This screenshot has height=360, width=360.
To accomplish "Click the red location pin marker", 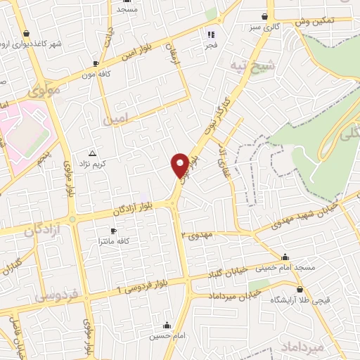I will pyautogui.click(x=180, y=165).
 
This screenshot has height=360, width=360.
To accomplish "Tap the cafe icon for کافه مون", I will pyautogui.click(x=95, y=63).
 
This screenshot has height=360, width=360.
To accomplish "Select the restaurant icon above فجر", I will pyautogui.click(x=210, y=33).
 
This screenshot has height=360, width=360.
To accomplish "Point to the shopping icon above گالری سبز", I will pyautogui.click(x=264, y=16).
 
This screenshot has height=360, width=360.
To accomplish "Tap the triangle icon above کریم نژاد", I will pyautogui.click(x=92, y=153).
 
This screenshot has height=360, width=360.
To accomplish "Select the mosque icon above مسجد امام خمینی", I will pyautogui.click(x=284, y=257).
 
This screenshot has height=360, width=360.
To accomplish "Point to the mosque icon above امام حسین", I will pyautogui.click(x=166, y=325).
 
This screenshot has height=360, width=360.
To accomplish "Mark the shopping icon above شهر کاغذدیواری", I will pyautogui.click(x=26, y=33).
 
